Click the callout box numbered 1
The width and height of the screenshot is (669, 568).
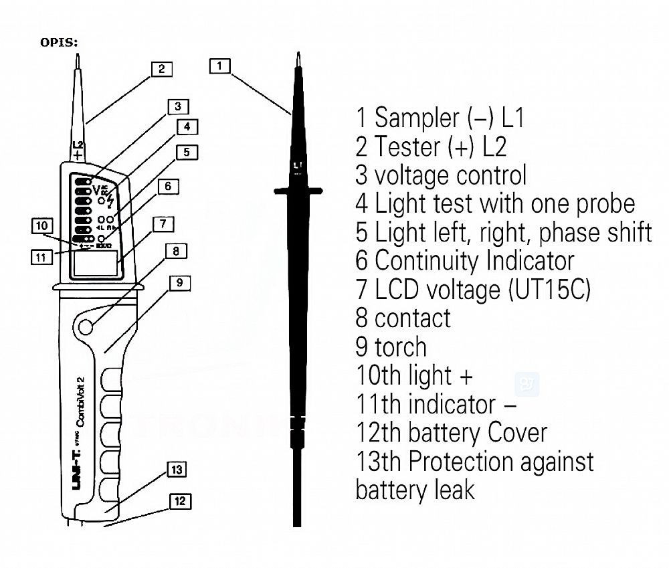point(220,66)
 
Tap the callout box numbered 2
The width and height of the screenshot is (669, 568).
point(161,68)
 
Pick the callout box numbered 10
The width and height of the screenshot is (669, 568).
point(41,226)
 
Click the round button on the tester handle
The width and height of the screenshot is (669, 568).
point(86,326)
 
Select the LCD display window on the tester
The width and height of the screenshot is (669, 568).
point(94,263)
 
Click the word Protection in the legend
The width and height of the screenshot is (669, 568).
point(473,461)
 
